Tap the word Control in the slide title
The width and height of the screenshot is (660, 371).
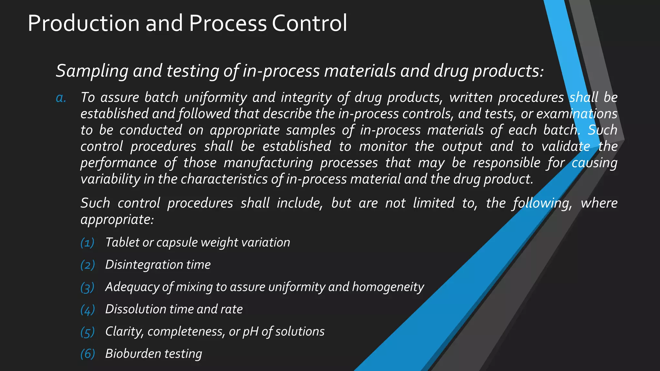(309, 23)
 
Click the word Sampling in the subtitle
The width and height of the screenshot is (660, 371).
(92, 71)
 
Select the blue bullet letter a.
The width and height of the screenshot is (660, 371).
(61, 98)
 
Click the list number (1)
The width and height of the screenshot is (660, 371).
(87, 243)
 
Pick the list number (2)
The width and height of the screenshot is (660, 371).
(87, 265)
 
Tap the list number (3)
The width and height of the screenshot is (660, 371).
(87, 287)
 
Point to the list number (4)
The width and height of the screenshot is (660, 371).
(87, 309)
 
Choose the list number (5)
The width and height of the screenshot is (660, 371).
(87, 332)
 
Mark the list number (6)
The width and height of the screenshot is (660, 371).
(87, 354)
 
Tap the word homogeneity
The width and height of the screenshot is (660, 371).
(388, 287)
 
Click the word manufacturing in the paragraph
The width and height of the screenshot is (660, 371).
(268, 163)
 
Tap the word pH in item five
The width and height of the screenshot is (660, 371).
(250, 332)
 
